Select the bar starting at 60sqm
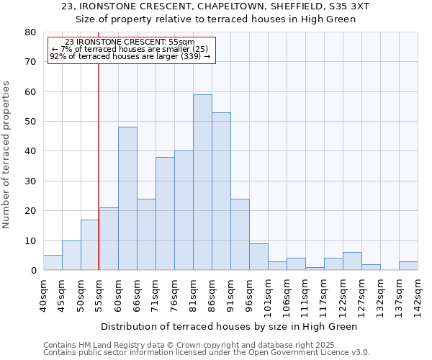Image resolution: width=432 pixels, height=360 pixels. (127, 198)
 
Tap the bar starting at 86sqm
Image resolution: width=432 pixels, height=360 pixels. (221, 191)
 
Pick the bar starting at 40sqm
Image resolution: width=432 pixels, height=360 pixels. (53, 263)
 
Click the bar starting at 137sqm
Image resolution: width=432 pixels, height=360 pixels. (408, 266)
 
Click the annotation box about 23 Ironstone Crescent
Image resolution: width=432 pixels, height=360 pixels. (131, 50)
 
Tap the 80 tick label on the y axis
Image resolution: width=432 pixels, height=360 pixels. (30, 32)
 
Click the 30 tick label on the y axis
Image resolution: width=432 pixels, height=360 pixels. (30, 181)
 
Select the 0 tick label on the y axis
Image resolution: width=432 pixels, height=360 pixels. (33, 270)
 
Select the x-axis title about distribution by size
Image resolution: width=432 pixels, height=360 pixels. (229, 326)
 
